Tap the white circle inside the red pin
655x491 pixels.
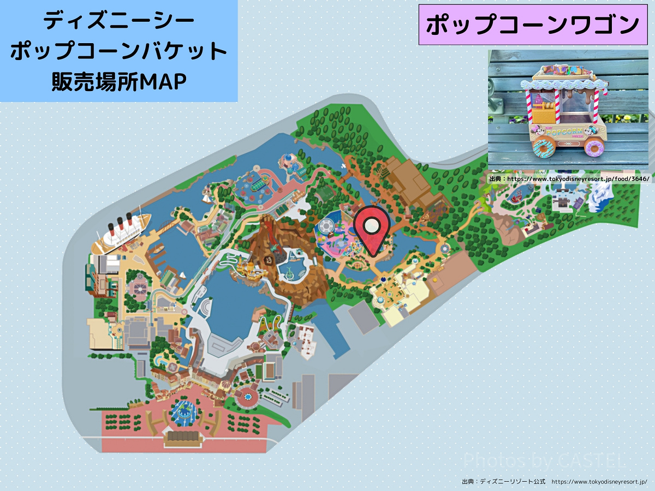click(x=372, y=224)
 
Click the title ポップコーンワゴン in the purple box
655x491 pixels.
click(x=532, y=25)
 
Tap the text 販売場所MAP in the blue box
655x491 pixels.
click(x=118, y=81)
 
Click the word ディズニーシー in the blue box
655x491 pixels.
click(x=118, y=21)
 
